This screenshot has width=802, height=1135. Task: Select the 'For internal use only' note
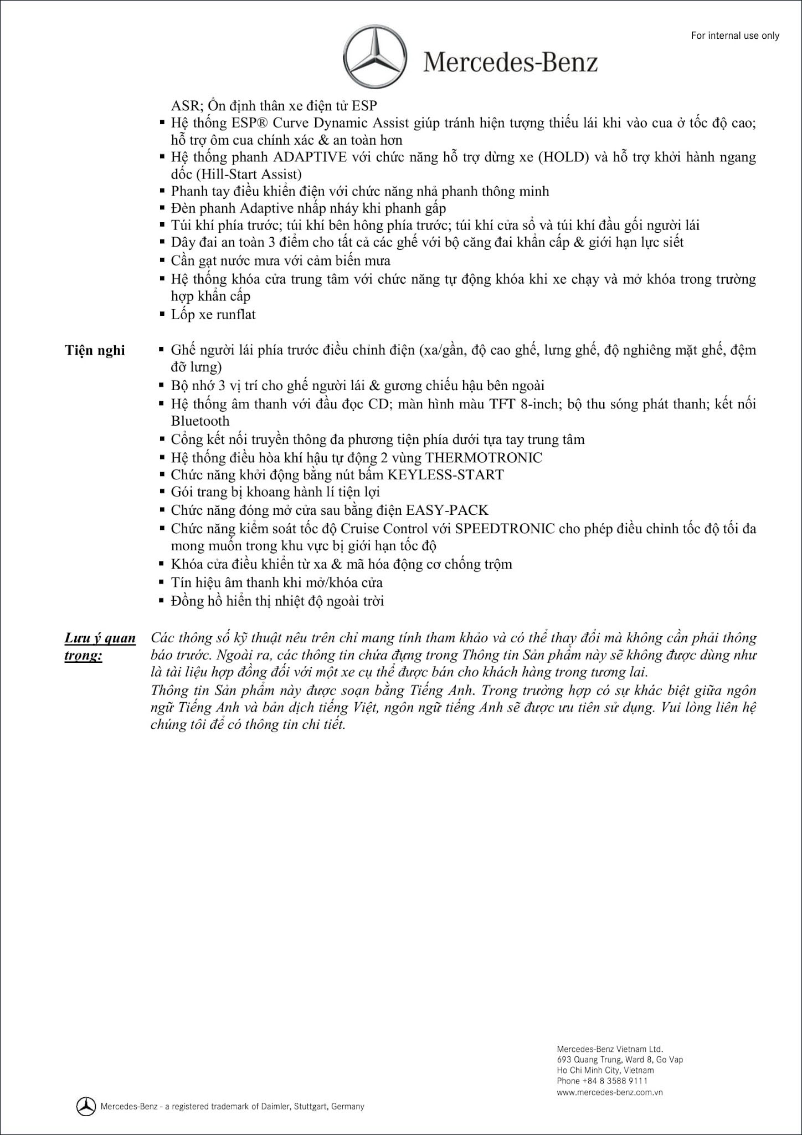click(735, 35)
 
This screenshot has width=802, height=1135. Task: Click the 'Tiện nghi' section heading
click(95, 350)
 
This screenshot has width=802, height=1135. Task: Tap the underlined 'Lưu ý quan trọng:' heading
click(100, 646)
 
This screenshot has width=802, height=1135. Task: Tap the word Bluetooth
click(200, 421)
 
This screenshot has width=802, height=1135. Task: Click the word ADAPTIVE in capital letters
click(310, 157)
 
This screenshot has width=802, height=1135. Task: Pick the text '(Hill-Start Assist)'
click(237, 174)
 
